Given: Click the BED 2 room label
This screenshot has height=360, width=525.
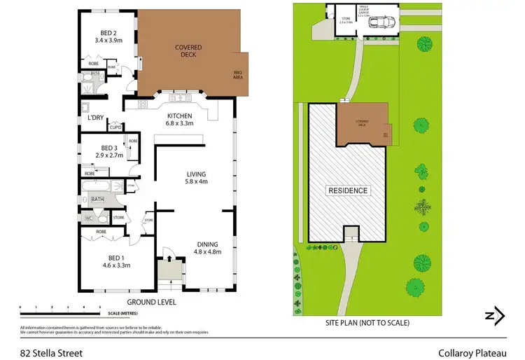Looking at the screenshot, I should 108,32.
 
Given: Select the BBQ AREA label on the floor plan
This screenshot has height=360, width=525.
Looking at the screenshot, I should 237,76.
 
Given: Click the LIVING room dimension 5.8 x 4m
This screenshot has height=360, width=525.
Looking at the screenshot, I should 196,182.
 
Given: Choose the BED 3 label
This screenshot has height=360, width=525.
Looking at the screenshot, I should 108,148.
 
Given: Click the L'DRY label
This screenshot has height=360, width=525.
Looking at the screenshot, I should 95,118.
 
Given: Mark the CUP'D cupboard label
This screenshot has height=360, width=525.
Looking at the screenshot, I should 115,127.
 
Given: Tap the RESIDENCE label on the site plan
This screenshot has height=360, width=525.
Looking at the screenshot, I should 349,190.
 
